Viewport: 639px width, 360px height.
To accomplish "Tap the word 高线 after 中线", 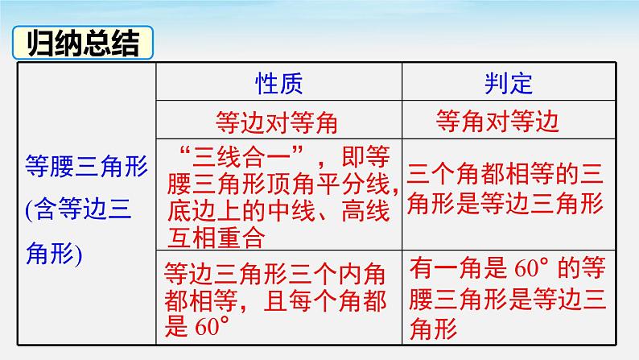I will point(364,211).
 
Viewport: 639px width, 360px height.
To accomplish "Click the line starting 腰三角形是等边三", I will point(505,299).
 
